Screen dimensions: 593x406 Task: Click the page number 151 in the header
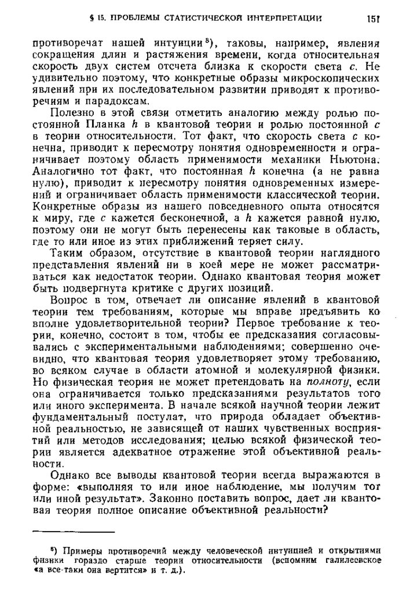click(x=372, y=19)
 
